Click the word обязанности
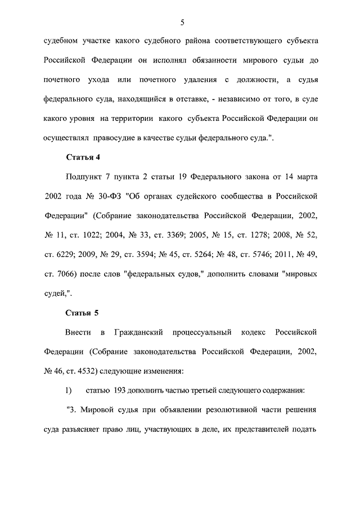pyautogui.click(x=193, y=60)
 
